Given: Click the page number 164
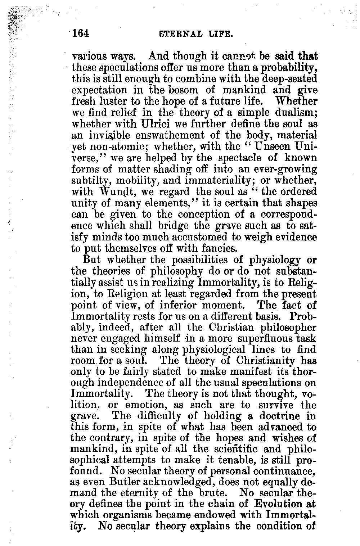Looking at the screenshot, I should [81, 33].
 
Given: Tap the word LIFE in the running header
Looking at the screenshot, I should [222, 35].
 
